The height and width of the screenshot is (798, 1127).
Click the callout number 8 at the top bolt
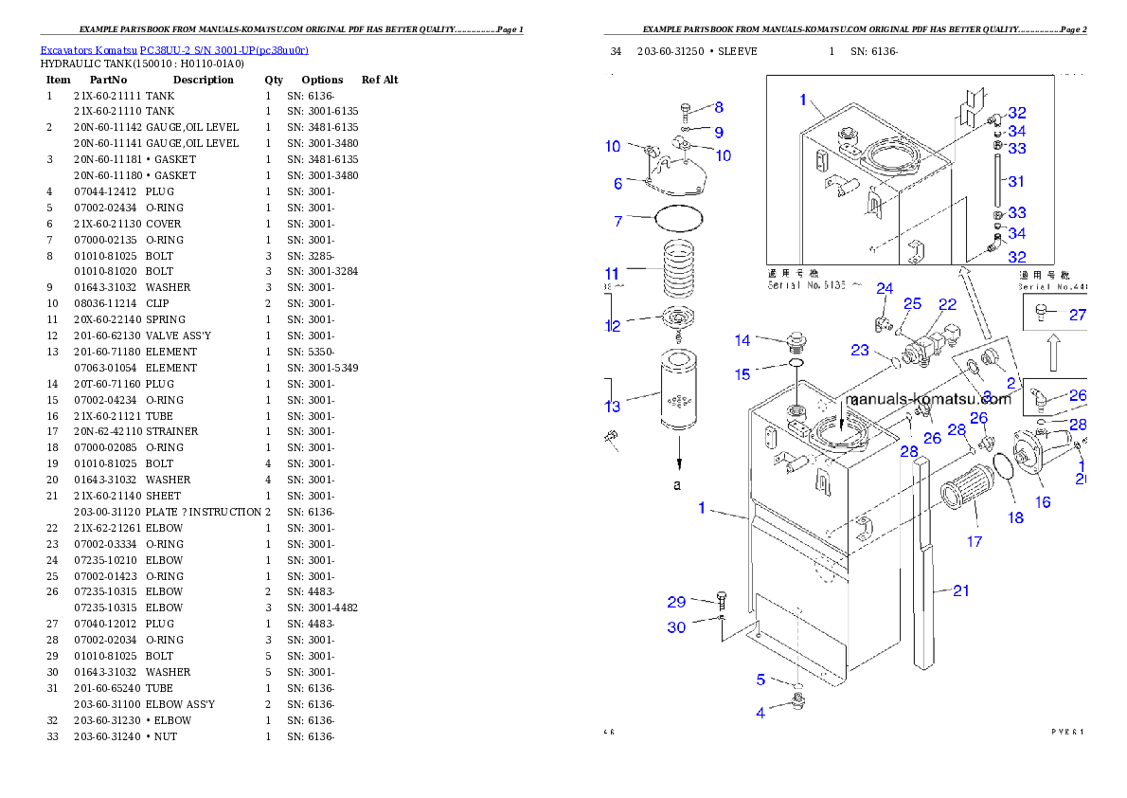coord(719,108)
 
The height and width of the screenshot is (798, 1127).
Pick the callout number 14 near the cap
coord(742,340)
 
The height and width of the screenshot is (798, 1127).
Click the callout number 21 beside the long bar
coord(961,590)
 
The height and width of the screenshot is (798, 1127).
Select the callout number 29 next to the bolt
coord(676,602)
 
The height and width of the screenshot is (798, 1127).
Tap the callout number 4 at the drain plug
coord(760,713)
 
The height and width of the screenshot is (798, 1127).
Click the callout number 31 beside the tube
coord(1016,181)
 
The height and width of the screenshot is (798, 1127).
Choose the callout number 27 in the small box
coord(1078,316)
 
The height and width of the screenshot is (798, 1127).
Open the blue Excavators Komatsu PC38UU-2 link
coord(174,49)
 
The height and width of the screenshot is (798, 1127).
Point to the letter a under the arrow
coord(677,484)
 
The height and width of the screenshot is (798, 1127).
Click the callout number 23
coord(860,350)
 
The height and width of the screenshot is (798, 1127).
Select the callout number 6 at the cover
coord(617,184)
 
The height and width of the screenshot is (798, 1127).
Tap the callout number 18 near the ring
coord(1015,517)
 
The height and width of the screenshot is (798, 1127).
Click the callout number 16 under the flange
coord(1043,502)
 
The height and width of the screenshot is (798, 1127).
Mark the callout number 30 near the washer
coord(676,627)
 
